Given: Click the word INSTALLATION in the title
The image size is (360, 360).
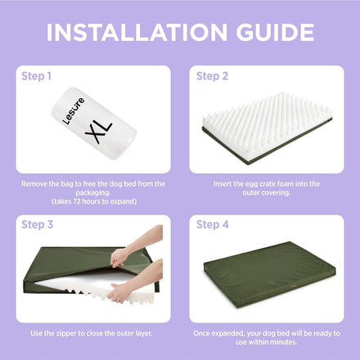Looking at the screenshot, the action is pyautogui.click(x=137, y=32).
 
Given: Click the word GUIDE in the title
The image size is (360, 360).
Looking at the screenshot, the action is pyautogui.click(x=275, y=32).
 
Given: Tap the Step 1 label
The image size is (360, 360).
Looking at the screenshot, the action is pyautogui.click(x=36, y=76).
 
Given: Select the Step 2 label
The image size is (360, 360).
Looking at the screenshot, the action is pyautogui.click(x=212, y=76).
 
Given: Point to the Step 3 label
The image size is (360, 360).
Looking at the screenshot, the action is pyautogui.click(x=37, y=224).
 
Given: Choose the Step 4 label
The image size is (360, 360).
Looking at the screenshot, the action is pyautogui.click(x=213, y=224).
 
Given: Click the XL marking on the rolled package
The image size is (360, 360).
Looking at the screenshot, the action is pyautogui.click(x=99, y=132).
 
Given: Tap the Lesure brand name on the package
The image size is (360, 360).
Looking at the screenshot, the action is pyautogui.click(x=73, y=111).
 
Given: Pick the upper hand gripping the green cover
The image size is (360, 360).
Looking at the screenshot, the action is pyautogui.click(x=119, y=257).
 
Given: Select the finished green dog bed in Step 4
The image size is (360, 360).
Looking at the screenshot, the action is pyautogui.click(x=270, y=274).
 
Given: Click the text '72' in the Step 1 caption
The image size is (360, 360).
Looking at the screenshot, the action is pyautogui.click(x=77, y=201).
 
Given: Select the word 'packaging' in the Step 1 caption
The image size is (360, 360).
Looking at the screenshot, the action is pyautogui.click(x=93, y=193).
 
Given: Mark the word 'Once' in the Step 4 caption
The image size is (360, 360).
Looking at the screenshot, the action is pyautogui.click(x=201, y=333).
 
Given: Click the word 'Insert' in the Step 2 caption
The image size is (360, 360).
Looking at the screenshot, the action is pyautogui.click(x=222, y=184).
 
